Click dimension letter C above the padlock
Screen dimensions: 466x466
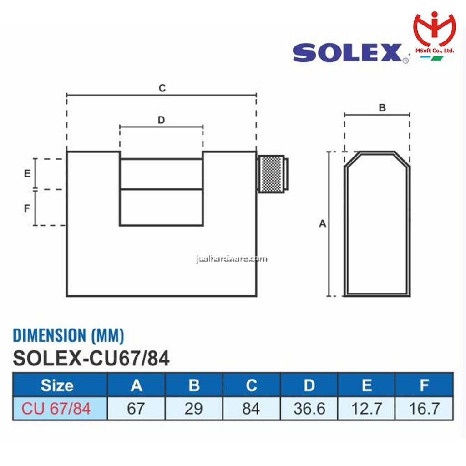[x=162, y=88]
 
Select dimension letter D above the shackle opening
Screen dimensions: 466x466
[x=161, y=120]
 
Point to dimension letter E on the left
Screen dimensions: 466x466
[x=27, y=173]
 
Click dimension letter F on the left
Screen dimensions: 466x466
[x=27, y=208]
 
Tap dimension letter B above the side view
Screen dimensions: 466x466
[x=382, y=107]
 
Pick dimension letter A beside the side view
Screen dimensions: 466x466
[x=323, y=223]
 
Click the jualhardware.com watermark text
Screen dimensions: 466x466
[x=232, y=259]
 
